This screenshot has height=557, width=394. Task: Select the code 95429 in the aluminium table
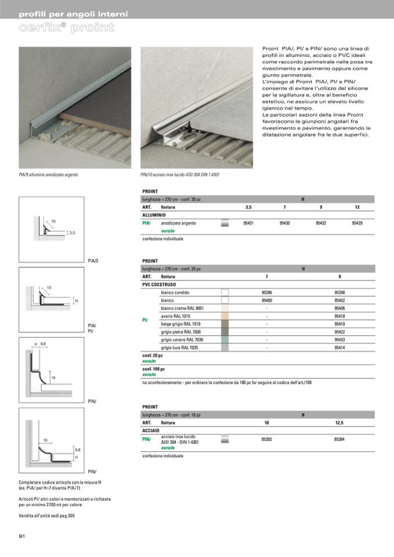click(x=357, y=223)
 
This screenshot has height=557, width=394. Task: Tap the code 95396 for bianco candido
click(x=267, y=293)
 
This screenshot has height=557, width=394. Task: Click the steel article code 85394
click(x=339, y=439)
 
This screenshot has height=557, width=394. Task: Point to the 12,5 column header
click(x=339, y=422)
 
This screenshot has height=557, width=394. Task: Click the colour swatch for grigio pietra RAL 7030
click(x=225, y=332)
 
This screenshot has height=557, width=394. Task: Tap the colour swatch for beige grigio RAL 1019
click(x=225, y=324)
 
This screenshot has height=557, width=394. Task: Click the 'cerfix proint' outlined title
click(x=66, y=27)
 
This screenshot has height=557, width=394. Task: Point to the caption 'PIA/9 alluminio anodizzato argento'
click(x=48, y=174)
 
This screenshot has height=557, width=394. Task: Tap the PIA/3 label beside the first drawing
click(x=93, y=261)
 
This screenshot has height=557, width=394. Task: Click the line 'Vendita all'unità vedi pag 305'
click(x=46, y=516)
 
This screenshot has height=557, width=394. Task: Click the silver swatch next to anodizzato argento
click(x=225, y=223)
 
